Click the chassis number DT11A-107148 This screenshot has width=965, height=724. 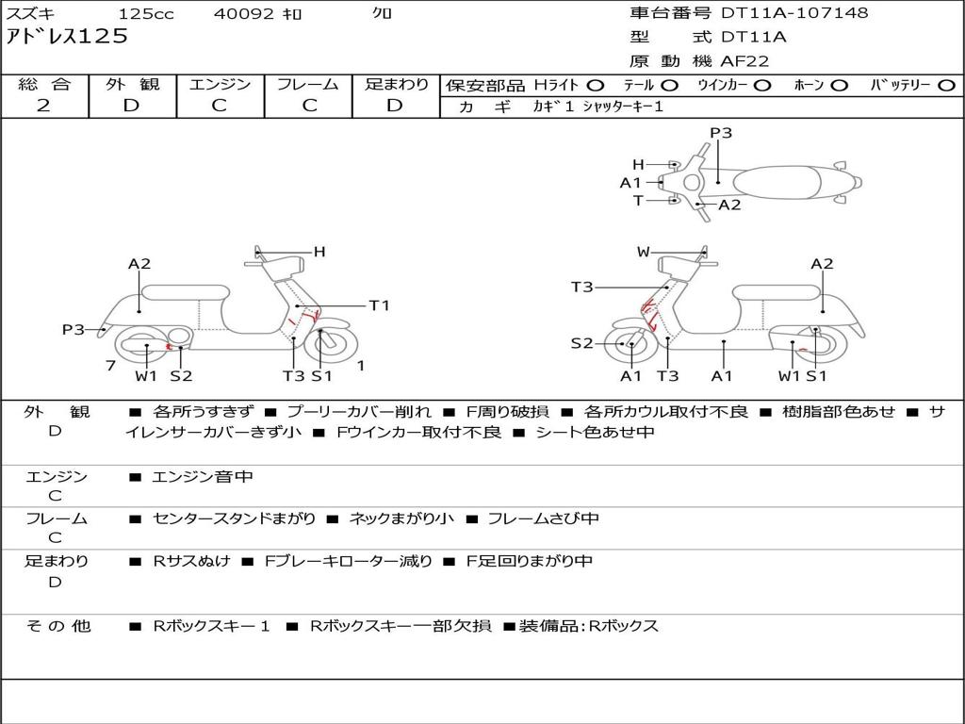coord(794,13)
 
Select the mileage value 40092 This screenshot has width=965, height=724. coord(243,14)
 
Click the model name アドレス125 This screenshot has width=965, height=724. coord(67,37)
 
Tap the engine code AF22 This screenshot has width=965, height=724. coord(744,61)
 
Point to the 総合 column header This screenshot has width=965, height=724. coord(44,84)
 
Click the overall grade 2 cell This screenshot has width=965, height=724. coord(43,106)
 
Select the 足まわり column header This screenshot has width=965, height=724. coord(397,84)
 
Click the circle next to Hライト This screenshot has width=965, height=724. coord(596,85)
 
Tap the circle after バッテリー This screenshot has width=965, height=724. coord(947,85)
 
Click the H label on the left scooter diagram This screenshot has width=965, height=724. coord(319,252)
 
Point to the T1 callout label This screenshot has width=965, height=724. coord(379,305)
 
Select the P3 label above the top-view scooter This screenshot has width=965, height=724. coord(721,133)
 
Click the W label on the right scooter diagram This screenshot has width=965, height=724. coord(644,252)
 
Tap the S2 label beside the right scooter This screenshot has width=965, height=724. coord(581,343)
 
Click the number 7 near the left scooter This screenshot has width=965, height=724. coord(110,365)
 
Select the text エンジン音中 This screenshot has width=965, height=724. coord(203,478)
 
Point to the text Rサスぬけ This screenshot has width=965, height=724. coord(191,562)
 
